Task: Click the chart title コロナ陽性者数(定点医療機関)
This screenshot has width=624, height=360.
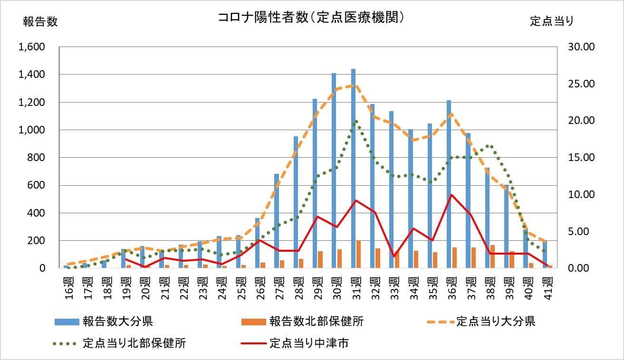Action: click(311, 18)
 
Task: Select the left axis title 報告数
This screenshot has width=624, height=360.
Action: click(40, 22)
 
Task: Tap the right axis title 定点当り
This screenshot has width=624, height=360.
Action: click(552, 21)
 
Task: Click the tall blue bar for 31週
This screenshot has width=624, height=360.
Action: click(353, 169)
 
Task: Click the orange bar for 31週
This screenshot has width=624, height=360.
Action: click(358, 254)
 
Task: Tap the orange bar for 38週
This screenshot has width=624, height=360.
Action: click(492, 256)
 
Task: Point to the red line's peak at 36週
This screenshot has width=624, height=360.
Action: click(451, 195)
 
